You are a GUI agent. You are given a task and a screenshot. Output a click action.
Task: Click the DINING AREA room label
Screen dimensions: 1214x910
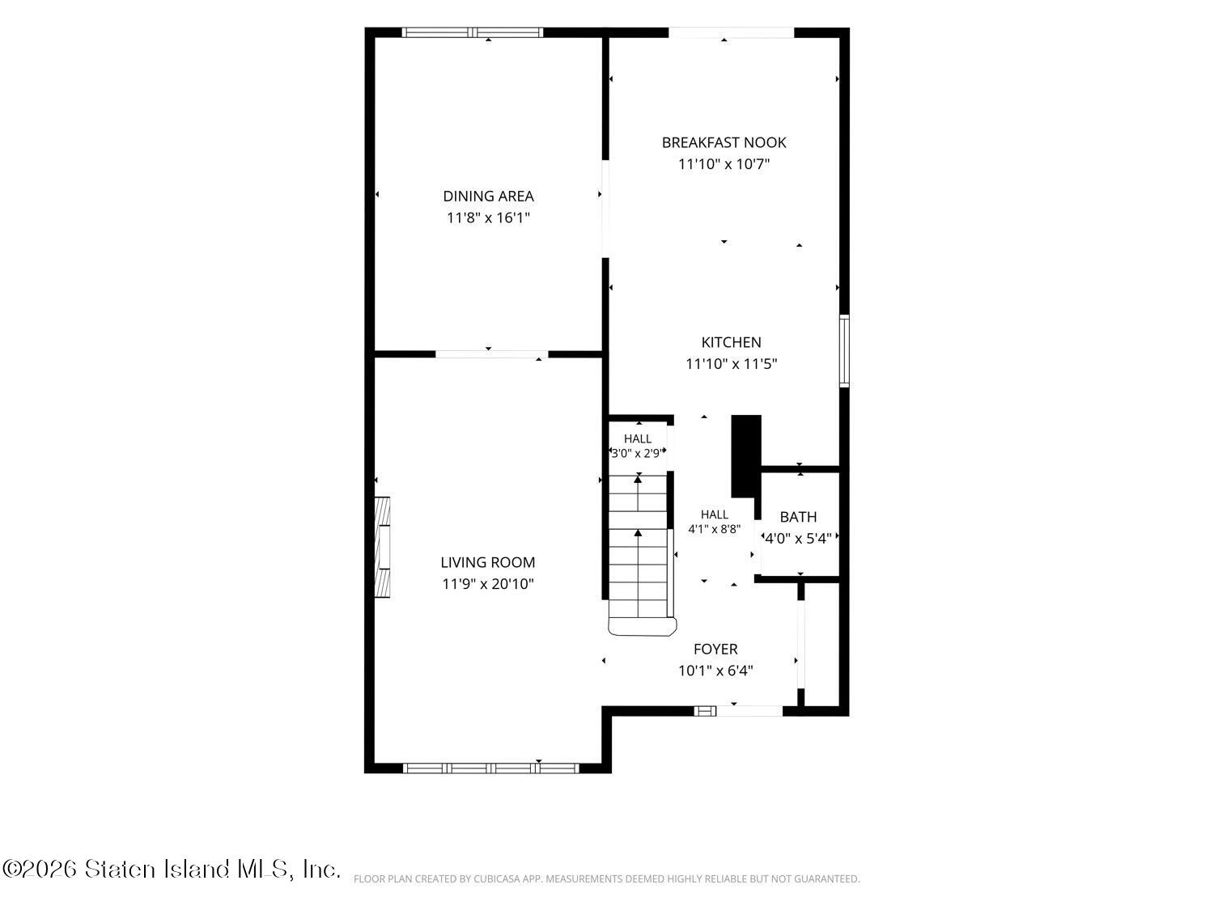[x=488, y=196]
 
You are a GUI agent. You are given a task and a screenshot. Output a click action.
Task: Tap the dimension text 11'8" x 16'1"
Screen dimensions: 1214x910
[x=488, y=218]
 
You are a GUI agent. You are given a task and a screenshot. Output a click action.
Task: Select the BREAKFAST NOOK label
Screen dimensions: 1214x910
[x=724, y=142]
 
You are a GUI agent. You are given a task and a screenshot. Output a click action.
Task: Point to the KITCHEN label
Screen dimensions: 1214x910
[x=731, y=342]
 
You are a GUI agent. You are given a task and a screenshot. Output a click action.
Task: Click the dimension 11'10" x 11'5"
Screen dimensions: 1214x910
[x=731, y=364]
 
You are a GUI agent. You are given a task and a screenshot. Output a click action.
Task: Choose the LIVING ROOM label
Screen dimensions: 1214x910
[x=487, y=562]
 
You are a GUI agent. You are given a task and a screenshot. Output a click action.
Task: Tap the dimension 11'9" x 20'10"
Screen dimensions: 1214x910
[x=487, y=584]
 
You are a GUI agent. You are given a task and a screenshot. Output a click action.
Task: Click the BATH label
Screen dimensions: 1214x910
[x=797, y=517]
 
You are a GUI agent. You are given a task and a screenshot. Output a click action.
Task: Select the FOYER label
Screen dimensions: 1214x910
[x=715, y=650]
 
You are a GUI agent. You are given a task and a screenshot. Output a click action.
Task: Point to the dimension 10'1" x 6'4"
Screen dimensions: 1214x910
[x=715, y=671]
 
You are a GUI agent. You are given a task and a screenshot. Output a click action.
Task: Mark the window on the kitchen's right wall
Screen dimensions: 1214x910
[x=843, y=350]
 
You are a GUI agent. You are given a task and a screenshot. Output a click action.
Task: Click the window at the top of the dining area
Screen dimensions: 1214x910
[x=472, y=32]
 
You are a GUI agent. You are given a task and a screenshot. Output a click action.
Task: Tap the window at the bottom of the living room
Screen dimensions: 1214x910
[x=490, y=768]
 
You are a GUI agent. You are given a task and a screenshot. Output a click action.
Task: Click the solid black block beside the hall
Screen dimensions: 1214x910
[x=745, y=456]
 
